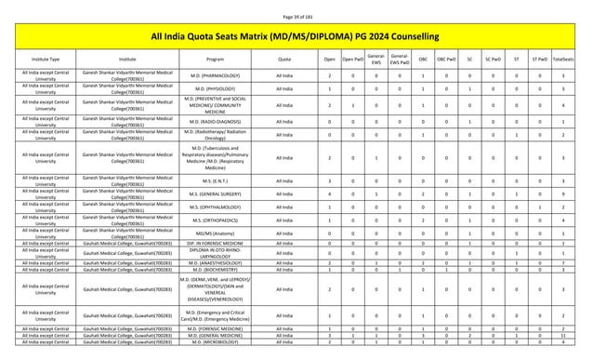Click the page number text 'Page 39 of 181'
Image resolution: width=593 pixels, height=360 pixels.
pos(296,7)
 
